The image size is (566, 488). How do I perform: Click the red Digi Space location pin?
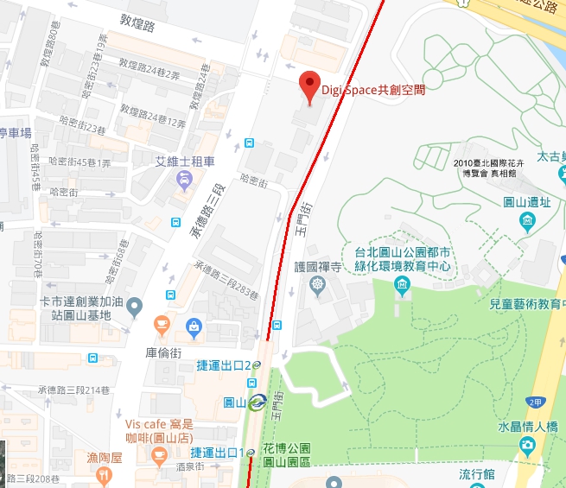(x=309, y=86)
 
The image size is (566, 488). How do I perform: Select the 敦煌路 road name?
(x=137, y=28)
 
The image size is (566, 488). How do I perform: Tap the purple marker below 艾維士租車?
(x=184, y=180)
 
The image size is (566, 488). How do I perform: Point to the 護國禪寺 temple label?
(x=318, y=267)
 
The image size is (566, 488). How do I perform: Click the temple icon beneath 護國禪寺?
(x=318, y=285)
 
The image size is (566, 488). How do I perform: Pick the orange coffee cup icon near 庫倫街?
(x=161, y=324)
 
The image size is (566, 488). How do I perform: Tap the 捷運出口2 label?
(x=223, y=365)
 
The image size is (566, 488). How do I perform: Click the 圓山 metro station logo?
(x=258, y=402)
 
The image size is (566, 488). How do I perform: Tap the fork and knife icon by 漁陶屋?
(x=104, y=474)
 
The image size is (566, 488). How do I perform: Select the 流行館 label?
(x=476, y=474)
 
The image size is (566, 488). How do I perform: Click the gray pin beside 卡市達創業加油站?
(x=134, y=307)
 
